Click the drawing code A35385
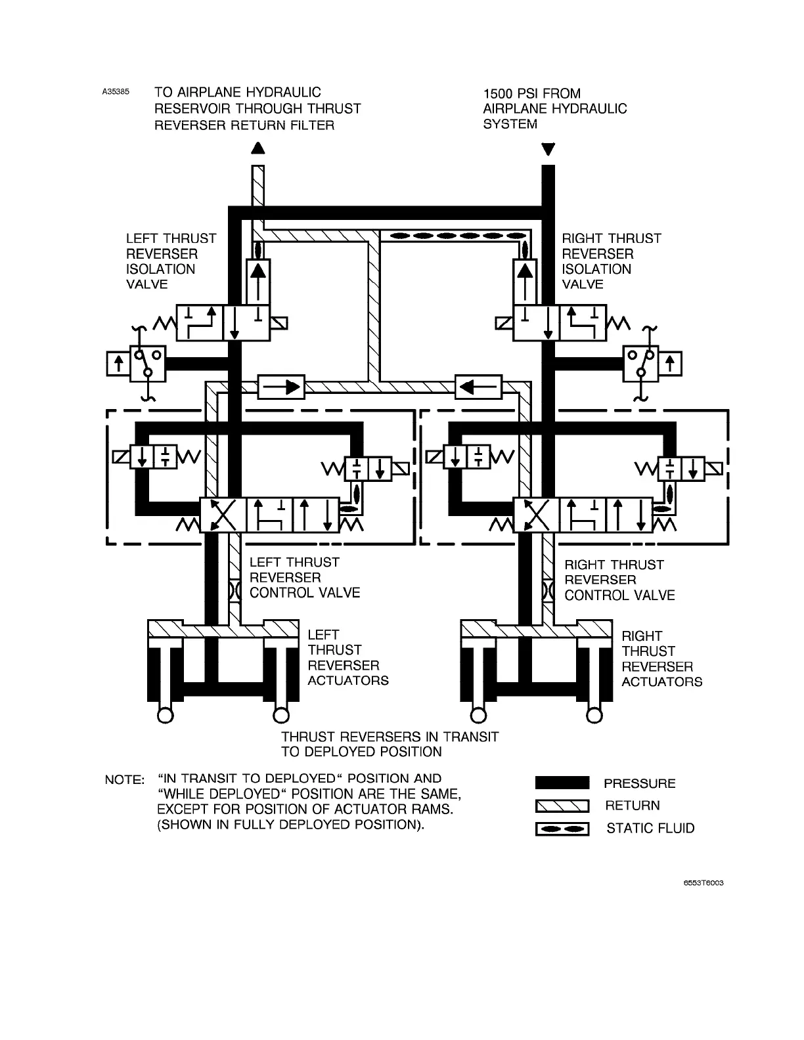pos(116,93)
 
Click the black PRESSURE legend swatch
pos(562,783)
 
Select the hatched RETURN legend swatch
pos(562,806)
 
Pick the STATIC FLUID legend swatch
pos(562,829)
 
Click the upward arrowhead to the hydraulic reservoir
pos(258,148)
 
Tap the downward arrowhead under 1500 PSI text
pos(548,150)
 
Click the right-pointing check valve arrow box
pos(281,387)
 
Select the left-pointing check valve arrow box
pos(478,387)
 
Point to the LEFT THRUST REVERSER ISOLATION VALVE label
pos(170,261)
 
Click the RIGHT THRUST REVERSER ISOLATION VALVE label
pos(611,261)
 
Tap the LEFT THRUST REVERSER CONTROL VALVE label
pos(304,578)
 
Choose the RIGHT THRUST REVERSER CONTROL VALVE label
pos(619,580)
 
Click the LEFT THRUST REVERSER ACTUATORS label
pos(347,658)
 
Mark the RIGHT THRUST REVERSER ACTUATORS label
pos(661,659)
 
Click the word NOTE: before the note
pos(124,780)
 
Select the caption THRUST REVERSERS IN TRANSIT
pos(390,737)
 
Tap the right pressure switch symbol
pos(652,363)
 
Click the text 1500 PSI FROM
pos(531,93)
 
